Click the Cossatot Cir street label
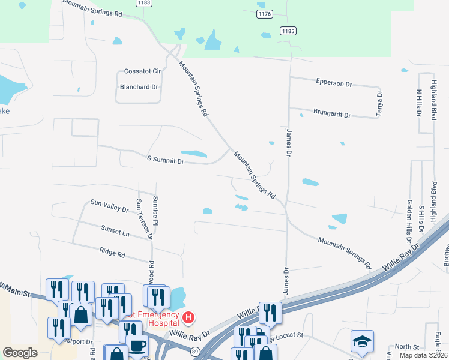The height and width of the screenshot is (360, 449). pos(142,71)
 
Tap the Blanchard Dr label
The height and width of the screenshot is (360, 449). pos(139,87)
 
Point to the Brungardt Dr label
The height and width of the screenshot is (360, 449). pos(331,112)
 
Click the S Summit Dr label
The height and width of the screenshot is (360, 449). pos(165,160)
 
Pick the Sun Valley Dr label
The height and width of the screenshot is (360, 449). pos(109,206)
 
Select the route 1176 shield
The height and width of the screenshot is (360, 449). pos(264,13)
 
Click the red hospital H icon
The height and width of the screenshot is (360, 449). pos(188,317)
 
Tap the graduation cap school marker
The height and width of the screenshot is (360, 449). pos(362,341)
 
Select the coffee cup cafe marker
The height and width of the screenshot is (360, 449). pos(138,347)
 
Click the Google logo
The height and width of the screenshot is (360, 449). pos(20,353)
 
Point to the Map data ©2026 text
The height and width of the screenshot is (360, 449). pos(423,355)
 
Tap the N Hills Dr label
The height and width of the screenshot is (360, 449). pos(419,103)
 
